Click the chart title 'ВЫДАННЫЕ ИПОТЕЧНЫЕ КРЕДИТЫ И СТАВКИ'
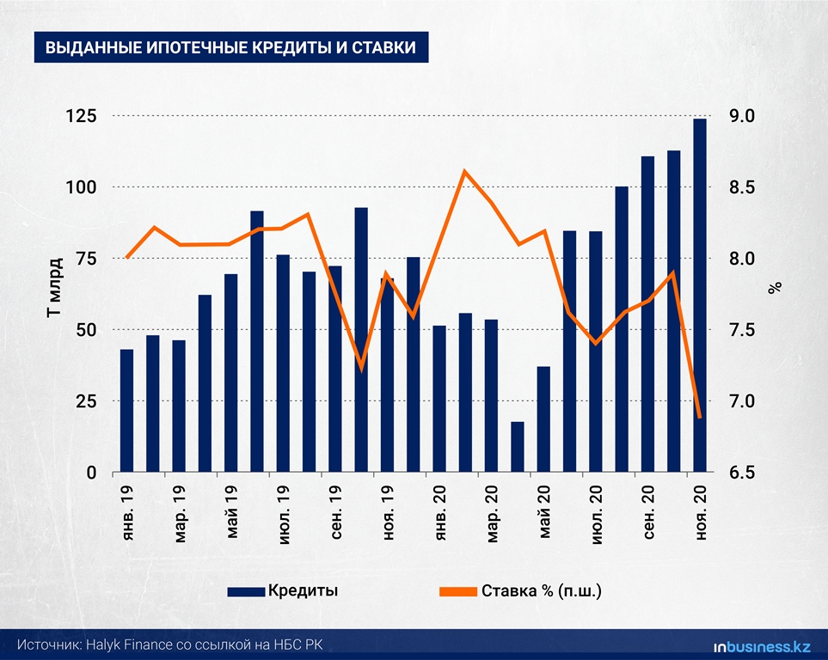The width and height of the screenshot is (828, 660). point(230,48)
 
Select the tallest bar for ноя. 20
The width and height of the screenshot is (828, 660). point(700,296)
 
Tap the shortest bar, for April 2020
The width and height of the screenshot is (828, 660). point(517,447)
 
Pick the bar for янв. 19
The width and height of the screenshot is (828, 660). point(126,411)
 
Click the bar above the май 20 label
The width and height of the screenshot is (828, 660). point(543,419)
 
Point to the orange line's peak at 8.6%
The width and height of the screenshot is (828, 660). point(464,171)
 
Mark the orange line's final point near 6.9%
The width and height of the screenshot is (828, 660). point(699,418)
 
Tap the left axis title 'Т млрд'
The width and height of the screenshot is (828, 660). point(52,288)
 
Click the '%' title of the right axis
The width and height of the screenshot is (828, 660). point(776,288)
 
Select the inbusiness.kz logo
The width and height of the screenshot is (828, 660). point(762,645)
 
